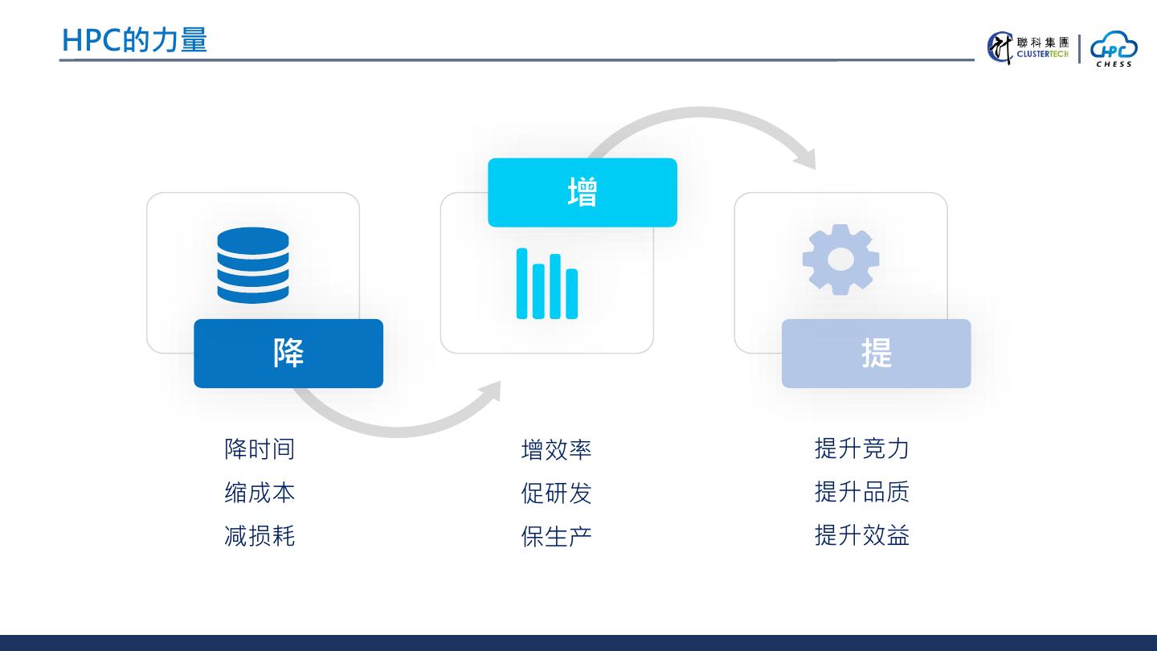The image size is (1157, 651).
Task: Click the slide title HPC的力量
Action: [x=134, y=40]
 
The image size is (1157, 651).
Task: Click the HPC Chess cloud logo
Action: [x=1114, y=48]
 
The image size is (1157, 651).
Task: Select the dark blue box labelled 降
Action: [x=288, y=354]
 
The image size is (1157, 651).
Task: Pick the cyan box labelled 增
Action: [x=583, y=193]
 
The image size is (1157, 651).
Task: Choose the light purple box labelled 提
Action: [x=877, y=354]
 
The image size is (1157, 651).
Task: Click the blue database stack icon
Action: [x=253, y=265]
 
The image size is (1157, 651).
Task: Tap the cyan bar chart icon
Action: [x=547, y=284]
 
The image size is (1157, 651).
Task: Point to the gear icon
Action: [x=840, y=260]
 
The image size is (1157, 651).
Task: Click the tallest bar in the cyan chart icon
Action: [x=522, y=284]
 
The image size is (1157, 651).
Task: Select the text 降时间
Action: [x=260, y=448]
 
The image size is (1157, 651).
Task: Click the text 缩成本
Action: [x=260, y=492]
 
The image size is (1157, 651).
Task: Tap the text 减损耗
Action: [x=260, y=535]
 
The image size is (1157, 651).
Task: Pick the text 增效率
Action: [x=556, y=449]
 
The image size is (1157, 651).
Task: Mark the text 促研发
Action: [x=556, y=493]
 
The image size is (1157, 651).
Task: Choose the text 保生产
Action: [x=556, y=536]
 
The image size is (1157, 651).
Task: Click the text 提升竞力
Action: [x=861, y=448]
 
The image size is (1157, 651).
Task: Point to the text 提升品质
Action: [x=861, y=491]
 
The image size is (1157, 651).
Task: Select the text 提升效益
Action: [x=861, y=534]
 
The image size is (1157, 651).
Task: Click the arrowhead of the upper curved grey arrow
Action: [x=806, y=158]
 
